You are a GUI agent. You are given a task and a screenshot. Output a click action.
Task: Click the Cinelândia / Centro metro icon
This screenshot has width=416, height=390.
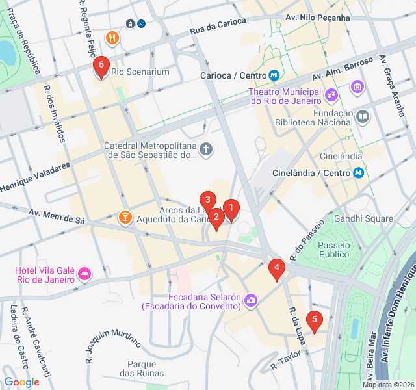(358, 173)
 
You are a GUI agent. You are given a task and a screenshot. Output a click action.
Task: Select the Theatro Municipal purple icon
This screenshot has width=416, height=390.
(331, 95)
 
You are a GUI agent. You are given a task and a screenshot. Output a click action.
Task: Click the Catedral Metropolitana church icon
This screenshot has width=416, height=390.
(206, 150)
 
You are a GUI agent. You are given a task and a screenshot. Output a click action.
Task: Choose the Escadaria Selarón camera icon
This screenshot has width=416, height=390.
(252, 300)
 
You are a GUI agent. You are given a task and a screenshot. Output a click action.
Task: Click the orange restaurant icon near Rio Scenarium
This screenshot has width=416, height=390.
(112, 37)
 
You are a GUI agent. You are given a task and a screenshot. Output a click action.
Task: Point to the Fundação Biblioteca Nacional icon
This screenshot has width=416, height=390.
(362, 117)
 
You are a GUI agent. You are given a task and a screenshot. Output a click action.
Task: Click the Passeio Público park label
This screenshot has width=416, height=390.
(334, 250)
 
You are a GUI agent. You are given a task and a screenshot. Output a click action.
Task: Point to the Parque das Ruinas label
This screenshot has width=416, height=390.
(142, 369)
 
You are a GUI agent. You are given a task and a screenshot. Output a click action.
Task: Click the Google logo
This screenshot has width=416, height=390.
(21, 382)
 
